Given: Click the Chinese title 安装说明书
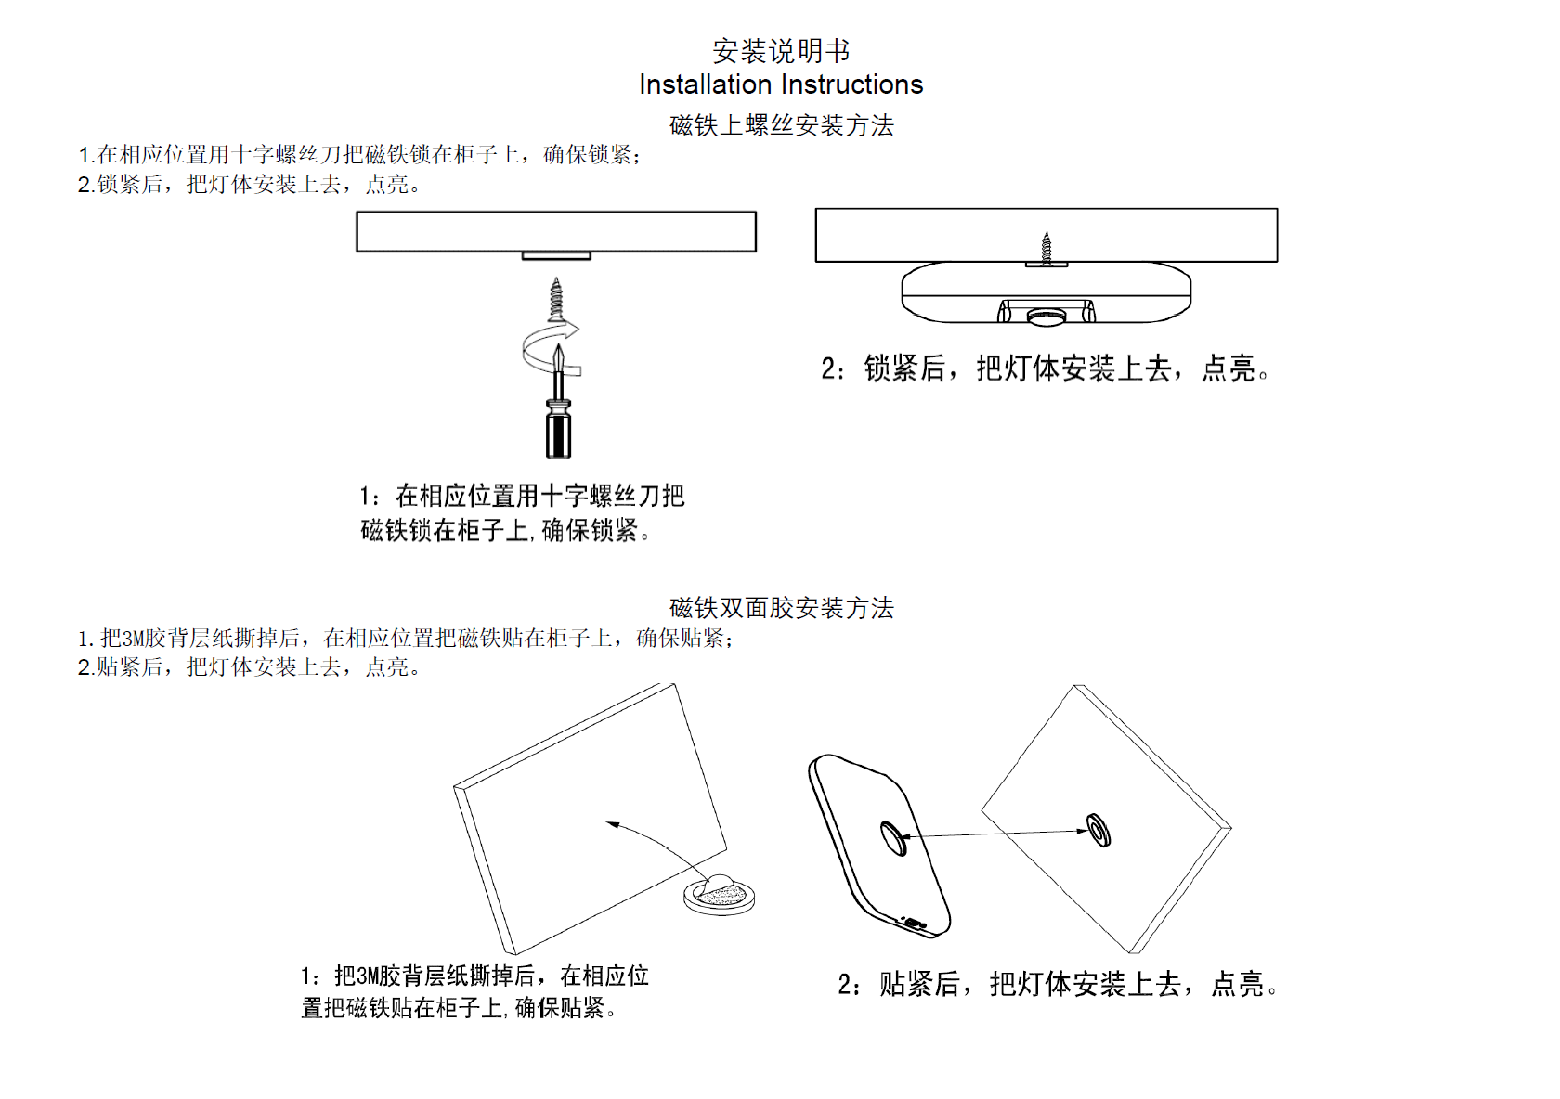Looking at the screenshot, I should (781, 50).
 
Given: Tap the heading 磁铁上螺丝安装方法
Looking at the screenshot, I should (781, 125).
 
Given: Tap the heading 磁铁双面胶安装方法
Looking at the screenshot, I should (781, 608).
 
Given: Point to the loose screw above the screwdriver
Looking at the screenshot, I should (556, 299).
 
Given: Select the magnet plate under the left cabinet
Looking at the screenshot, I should (556, 256).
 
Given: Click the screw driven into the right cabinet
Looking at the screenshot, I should (1046, 247).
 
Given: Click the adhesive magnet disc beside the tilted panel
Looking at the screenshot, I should (720, 895).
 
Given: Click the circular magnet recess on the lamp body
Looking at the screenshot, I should (893, 837).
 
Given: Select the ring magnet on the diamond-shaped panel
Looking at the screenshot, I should (1098, 830).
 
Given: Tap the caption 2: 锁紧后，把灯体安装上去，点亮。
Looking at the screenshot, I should (1045, 368).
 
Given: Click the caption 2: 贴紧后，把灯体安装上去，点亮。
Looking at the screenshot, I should (1059, 984).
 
